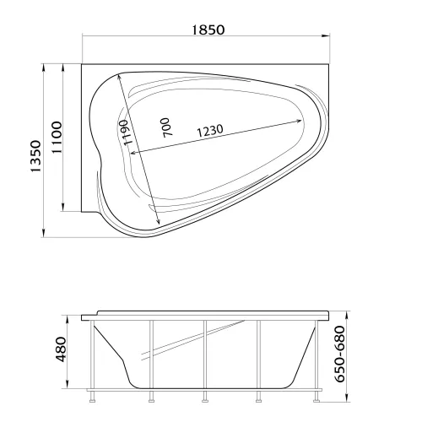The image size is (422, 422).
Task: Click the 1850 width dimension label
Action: [x=208, y=30]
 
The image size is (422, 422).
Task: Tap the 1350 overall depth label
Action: [x=36, y=156]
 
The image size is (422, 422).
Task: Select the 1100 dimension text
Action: [x=57, y=137]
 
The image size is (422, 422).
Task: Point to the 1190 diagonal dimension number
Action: [x=126, y=133]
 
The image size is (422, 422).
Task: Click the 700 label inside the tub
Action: [x=165, y=127]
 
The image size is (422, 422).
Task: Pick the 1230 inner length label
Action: [x=210, y=131]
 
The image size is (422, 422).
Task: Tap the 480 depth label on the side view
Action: [x=61, y=349]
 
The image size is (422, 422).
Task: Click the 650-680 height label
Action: [x=340, y=354]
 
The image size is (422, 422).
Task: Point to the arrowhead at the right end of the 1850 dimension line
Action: [x=326, y=35]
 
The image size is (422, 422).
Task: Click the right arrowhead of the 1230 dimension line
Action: [x=298, y=122]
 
